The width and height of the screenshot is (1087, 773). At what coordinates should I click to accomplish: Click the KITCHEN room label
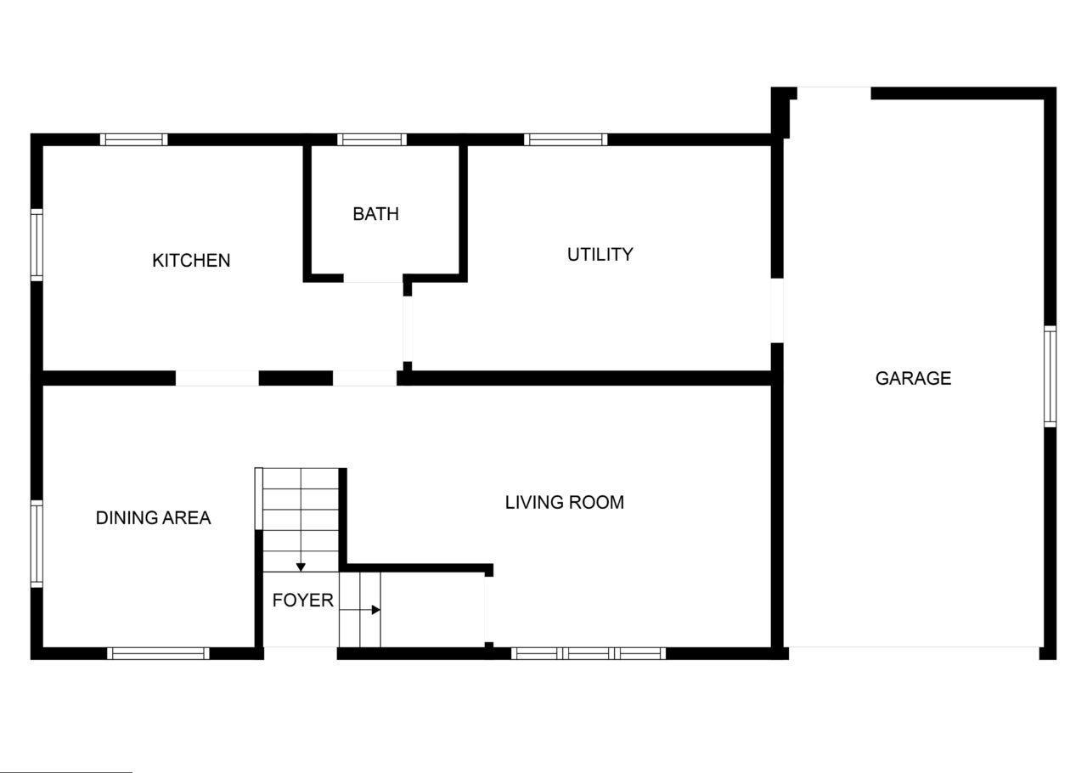191,261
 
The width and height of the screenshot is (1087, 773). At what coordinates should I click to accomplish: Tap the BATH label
376,214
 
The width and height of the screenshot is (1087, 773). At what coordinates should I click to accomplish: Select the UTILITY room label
600,255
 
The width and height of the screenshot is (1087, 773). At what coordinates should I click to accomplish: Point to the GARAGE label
913,378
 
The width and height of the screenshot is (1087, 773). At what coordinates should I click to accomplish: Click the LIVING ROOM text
565,503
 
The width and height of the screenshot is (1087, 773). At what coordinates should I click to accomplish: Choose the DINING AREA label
154,518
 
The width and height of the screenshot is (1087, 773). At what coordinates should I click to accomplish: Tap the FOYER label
303,601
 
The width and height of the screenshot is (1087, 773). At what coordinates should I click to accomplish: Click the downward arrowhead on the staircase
301,567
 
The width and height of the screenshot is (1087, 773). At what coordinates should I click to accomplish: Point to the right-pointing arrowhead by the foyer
376,610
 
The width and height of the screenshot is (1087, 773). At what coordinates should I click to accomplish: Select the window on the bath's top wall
372,140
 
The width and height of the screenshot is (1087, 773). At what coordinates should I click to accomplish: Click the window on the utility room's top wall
566,140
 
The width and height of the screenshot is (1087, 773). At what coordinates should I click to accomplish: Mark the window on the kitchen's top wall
134,140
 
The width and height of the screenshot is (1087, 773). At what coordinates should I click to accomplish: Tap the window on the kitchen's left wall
37,245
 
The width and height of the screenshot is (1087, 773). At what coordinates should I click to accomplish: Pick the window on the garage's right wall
1050,377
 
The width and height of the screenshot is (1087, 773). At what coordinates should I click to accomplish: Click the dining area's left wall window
37,544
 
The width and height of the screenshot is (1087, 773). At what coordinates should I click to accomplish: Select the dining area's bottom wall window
158,653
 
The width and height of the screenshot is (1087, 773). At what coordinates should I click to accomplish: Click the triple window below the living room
589,653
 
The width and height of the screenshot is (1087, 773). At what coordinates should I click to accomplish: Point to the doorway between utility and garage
777,311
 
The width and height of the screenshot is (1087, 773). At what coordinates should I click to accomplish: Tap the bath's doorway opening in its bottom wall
373,279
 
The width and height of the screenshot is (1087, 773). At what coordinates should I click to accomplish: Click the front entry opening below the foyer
301,653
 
